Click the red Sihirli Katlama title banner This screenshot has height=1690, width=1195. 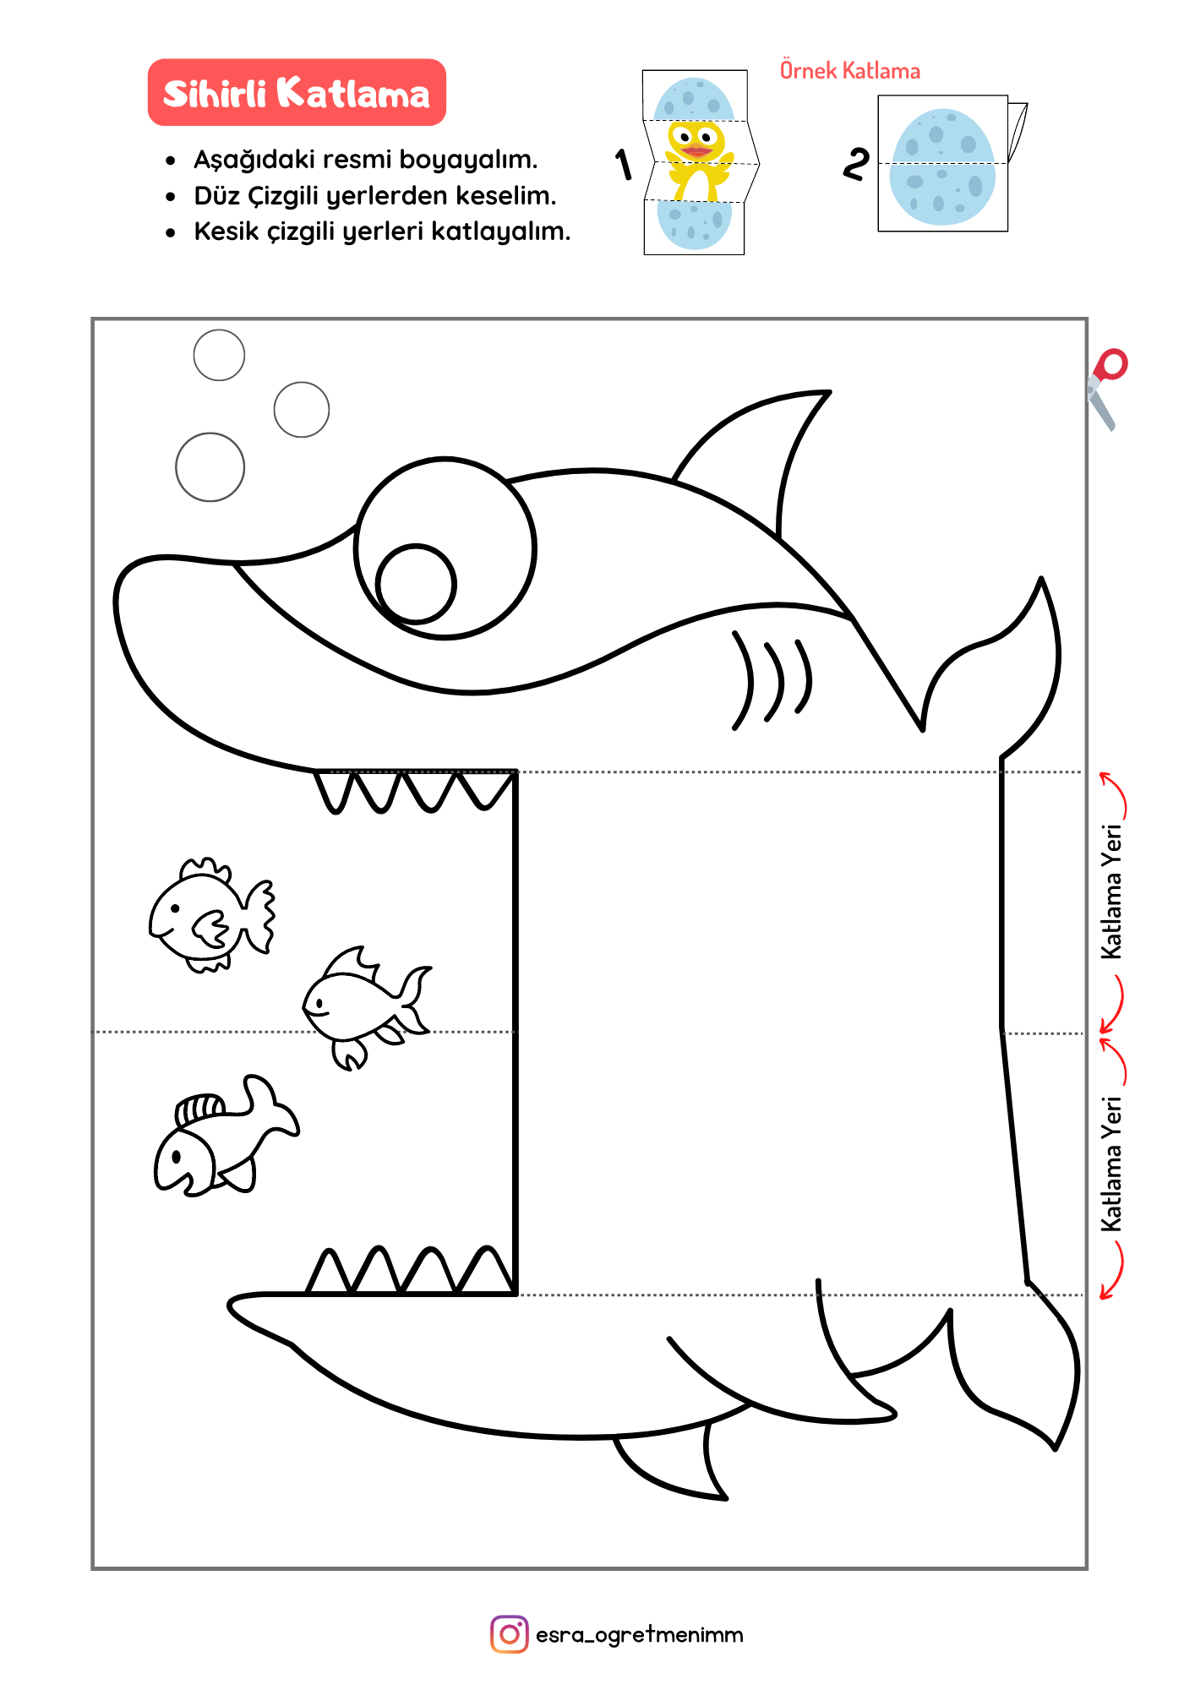297,92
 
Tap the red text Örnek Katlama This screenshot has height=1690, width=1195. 849,70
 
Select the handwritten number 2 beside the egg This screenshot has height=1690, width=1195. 855,163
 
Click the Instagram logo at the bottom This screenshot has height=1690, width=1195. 510,1634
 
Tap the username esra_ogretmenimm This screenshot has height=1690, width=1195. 640,1635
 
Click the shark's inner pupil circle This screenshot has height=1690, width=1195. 416,584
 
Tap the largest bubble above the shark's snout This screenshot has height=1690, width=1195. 210,467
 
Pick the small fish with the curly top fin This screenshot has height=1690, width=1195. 211,914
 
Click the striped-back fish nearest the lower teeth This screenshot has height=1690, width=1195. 225,1136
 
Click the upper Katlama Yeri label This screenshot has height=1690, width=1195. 1112,891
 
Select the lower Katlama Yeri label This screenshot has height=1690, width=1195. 1112,1164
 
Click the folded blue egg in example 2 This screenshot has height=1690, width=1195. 942,166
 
